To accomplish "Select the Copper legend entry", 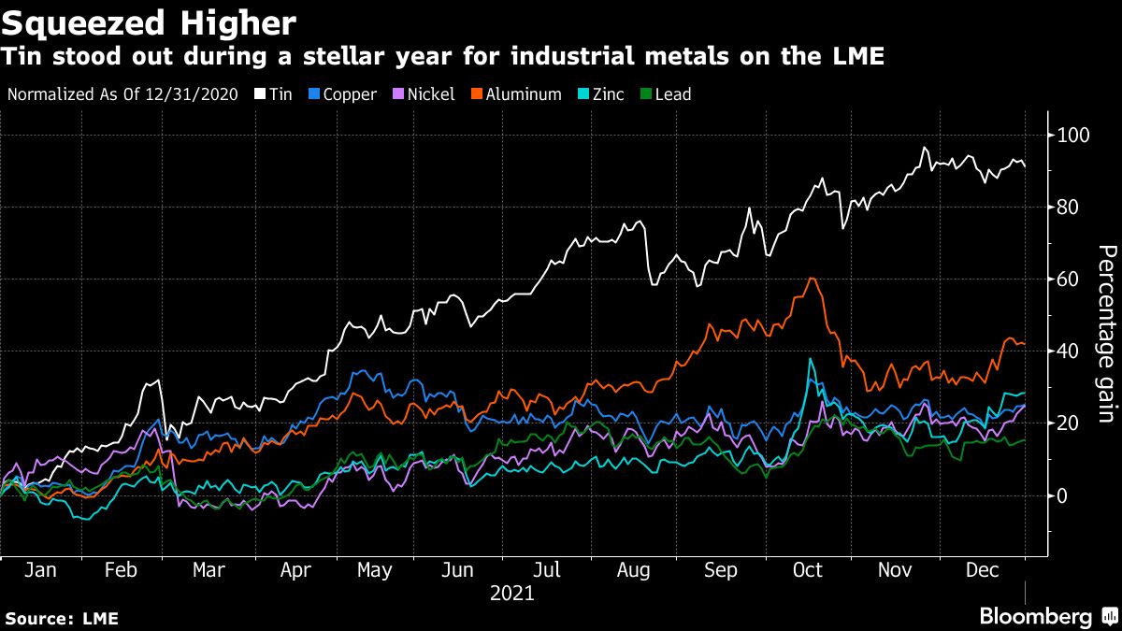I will (342, 94).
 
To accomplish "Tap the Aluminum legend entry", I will (520, 94).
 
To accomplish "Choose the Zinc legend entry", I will (601, 94).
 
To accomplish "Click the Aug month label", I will (635, 569).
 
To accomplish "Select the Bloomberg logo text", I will (1036, 616).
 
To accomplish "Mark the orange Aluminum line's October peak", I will (812, 279).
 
